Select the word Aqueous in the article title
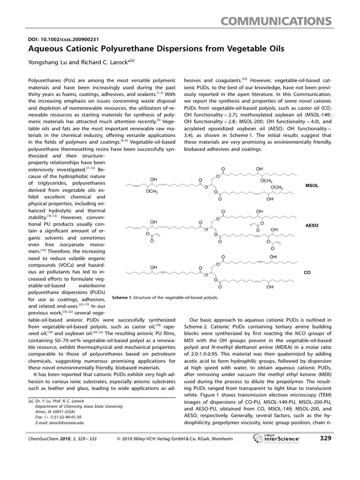click(44, 48)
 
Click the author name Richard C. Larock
click(102, 60)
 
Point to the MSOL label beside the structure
click(312, 186)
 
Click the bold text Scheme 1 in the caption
click(123, 297)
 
